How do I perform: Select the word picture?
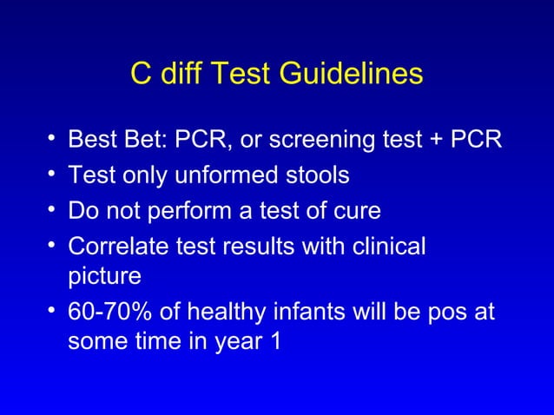coord(103,278)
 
